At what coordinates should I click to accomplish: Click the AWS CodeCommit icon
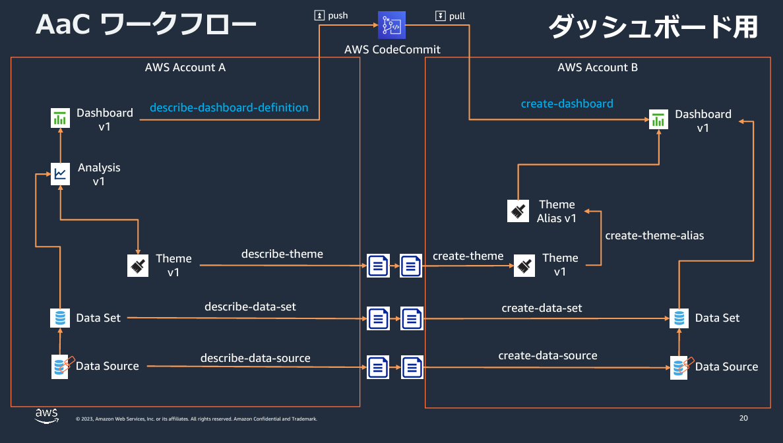(x=392, y=25)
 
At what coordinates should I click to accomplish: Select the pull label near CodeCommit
(x=451, y=15)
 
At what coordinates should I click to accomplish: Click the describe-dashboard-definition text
(x=229, y=107)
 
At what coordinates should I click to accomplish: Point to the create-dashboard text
(x=567, y=103)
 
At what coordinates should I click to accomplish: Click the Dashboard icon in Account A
(x=60, y=118)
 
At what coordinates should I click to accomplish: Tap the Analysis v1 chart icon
(x=61, y=173)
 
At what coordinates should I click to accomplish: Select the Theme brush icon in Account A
(x=138, y=265)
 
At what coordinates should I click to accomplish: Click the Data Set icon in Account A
(x=60, y=318)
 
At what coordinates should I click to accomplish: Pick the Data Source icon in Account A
(x=61, y=366)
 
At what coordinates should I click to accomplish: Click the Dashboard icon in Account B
(x=658, y=120)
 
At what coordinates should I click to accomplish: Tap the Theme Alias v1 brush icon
(x=518, y=210)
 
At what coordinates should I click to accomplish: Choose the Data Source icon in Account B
(x=679, y=367)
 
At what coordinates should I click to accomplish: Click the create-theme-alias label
(x=654, y=235)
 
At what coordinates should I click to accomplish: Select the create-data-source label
(x=548, y=355)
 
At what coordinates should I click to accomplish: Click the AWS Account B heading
(x=597, y=67)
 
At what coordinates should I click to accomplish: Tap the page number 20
(x=743, y=418)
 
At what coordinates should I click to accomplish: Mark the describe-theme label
(x=282, y=254)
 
